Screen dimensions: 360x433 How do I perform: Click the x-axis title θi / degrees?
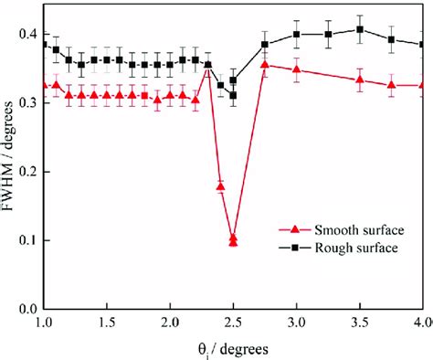pyautogui.click(x=231, y=350)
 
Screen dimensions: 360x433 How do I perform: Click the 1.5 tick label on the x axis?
pyautogui.click(x=106, y=323)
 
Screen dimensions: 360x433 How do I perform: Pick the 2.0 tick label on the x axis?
pyautogui.click(x=170, y=323)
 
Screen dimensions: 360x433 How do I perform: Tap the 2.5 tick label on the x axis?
pyautogui.click(x=233, y=323)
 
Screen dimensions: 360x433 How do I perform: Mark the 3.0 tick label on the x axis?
pyautogui.click(x=297, y=323)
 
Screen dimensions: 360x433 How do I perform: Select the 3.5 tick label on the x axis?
pyautogui.click(x=360, y=323)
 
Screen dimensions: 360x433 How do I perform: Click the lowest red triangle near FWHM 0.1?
pyautogui.click(x=233, y=242)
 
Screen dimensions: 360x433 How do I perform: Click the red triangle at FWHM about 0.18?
pyautogui.click(x=220, y=186)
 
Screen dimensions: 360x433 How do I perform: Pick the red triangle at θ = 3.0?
pyautogui.click(x=297, y=69)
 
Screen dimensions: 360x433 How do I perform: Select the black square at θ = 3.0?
pyautogui.click(x=297, y=34)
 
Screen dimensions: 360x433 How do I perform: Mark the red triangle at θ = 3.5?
pyautogui.click(x=360, y=79)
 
